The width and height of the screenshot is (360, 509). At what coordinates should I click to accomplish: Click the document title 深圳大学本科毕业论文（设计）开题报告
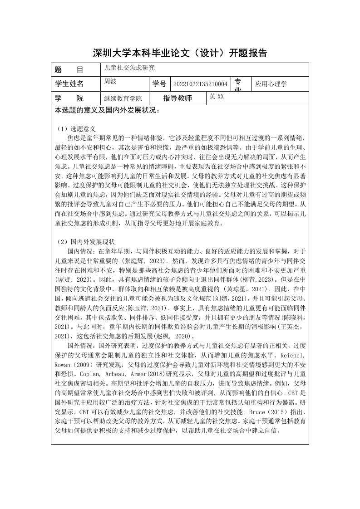click(x=180, y=53)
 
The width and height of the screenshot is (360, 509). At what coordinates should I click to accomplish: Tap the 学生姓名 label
click(x=69, y=84)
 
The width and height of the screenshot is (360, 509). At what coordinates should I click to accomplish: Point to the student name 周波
click(x=111, y=81)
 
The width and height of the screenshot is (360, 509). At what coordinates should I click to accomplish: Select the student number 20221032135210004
click(x=200, y=84)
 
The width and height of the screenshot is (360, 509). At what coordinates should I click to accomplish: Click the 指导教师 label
click(x=178, y=98)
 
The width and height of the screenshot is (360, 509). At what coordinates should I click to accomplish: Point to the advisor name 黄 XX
click(x=217, y=96)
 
